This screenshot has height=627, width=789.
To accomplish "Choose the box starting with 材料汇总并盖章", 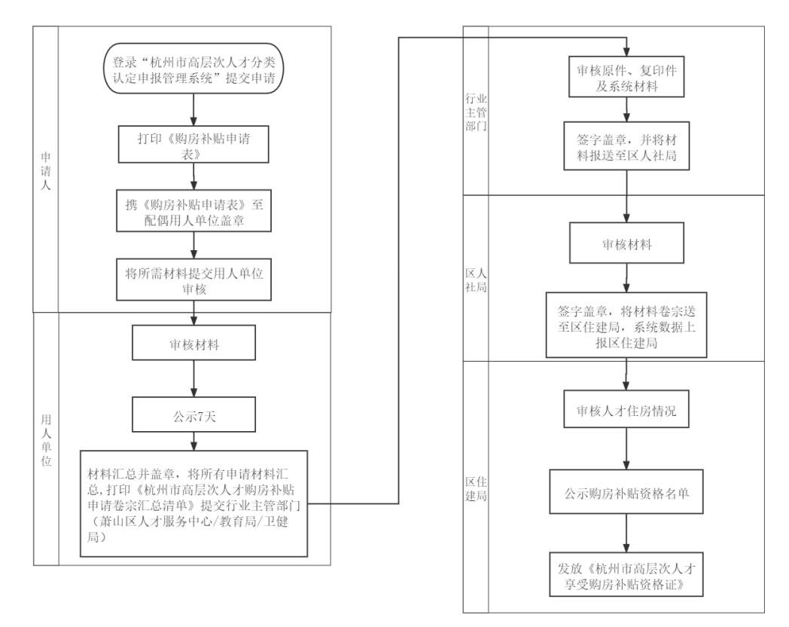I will point(194,503).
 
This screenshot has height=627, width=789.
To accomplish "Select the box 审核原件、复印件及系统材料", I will point(626,75).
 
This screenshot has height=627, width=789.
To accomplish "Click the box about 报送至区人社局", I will point(626,146).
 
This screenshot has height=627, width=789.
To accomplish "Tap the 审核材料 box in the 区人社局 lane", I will point(626,246).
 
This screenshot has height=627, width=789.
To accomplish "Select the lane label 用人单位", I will point(46,437).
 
